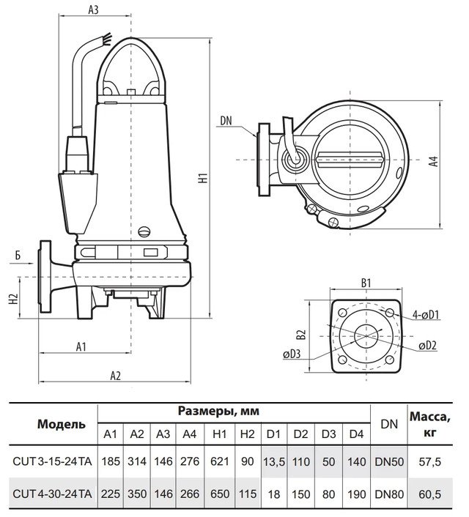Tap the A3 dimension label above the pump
coord(92,10)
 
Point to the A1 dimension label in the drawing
coord(81,346)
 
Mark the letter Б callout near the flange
coord(16,256)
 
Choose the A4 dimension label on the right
coord(434,162)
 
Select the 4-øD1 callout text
coord(425,316)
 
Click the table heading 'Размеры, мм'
coord(218,411)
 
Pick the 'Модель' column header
coord(51,424)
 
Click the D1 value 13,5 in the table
coord(274,462)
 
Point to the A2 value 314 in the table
coord(137,462)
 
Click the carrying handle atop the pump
coord(131,62)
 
